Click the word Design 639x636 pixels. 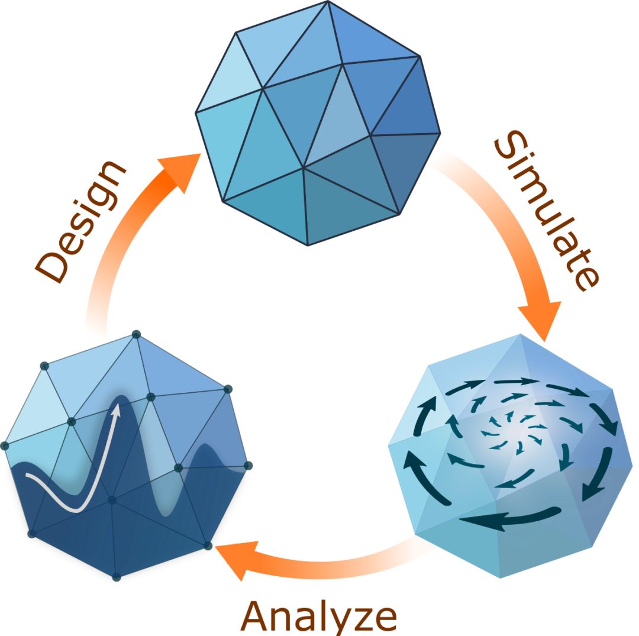click(x=79, y=221)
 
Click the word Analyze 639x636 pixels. click(x=319, y=617)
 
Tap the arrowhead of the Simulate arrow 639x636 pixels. click(x=540, y=320)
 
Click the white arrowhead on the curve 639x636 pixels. click(x=117, y=410)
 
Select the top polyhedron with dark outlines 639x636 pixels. click(x=318, y=123)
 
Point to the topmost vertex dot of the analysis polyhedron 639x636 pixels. click(x=137, y=334)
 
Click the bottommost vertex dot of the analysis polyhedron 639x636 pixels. click(x=117, y=577)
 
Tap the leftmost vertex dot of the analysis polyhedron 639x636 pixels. click(x=5, y=445)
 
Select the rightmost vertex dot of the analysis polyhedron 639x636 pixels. click(x=248, y=465)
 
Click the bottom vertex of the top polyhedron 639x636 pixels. click(x=308, y=246)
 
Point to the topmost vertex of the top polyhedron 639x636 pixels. click(x=327, y=1)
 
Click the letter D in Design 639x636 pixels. click(x=51, y=266)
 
